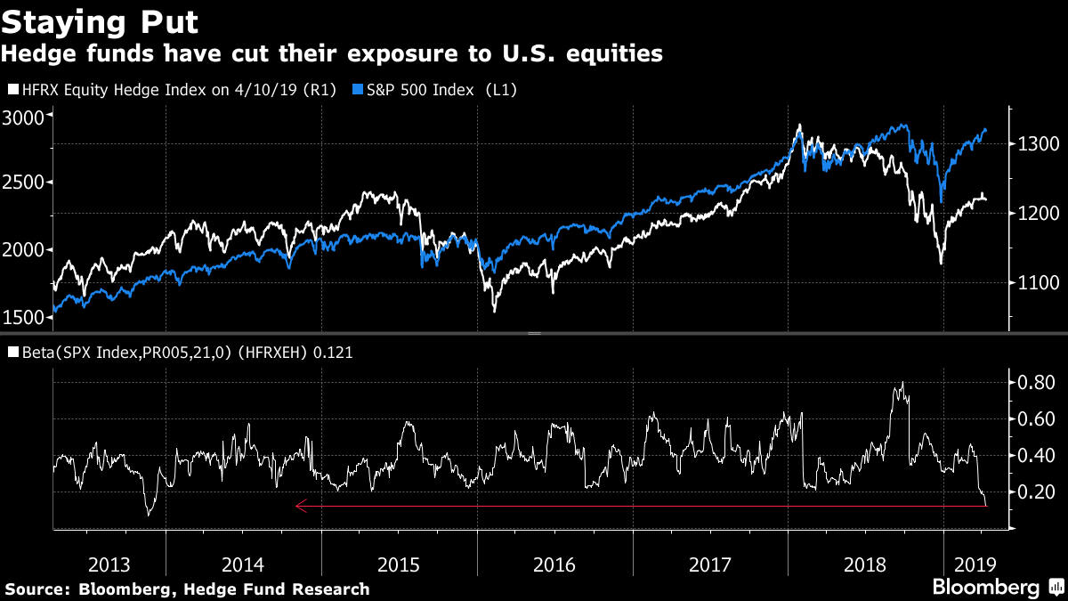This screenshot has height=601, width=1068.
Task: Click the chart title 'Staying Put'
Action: click(100, 20)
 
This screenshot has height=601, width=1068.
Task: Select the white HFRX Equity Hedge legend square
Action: click(12, 90)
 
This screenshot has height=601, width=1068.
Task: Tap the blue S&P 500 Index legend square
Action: click(358, 90)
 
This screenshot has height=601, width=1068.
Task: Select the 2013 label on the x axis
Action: click(109, 564)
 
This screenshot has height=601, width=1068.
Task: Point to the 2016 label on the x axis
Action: click(554, 564)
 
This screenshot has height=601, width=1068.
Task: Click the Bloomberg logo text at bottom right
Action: click(985, 588)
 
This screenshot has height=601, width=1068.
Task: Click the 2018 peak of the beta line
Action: click(902, 383)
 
